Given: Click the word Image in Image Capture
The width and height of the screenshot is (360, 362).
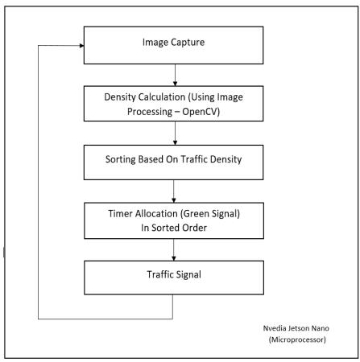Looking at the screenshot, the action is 155,43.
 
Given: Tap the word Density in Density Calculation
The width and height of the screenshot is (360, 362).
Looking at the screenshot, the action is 118,97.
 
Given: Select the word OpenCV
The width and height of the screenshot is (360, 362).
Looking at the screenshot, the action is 201,112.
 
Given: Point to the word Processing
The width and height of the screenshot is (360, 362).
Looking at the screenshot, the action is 150,112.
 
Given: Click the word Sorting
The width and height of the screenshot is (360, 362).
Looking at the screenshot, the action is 121,159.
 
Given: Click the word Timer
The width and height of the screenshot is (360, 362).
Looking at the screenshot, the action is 120,214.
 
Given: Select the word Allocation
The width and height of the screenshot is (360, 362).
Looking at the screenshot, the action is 156,214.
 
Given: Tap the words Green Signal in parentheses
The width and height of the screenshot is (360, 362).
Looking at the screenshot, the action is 210,214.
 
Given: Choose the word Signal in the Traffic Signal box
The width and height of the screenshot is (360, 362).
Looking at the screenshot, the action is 189,275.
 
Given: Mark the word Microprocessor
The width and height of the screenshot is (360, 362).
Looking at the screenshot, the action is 297,339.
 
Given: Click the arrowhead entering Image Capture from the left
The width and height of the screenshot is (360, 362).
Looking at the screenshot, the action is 81,46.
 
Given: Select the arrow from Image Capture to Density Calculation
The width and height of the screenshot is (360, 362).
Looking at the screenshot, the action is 175,75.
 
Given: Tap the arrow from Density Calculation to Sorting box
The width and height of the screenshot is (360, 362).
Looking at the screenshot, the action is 175,134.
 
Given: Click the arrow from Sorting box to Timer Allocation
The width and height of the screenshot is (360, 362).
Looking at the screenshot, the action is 174,191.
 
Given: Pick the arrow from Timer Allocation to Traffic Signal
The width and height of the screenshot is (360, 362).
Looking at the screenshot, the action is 174,250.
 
